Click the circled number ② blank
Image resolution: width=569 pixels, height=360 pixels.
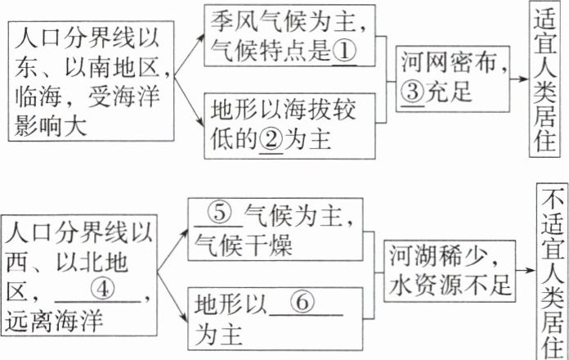click(x=271, y=141)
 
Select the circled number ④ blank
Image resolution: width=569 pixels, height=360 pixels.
click(x=101, y=290)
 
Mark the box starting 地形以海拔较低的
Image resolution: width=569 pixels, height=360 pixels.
click(x=284, y=125)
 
